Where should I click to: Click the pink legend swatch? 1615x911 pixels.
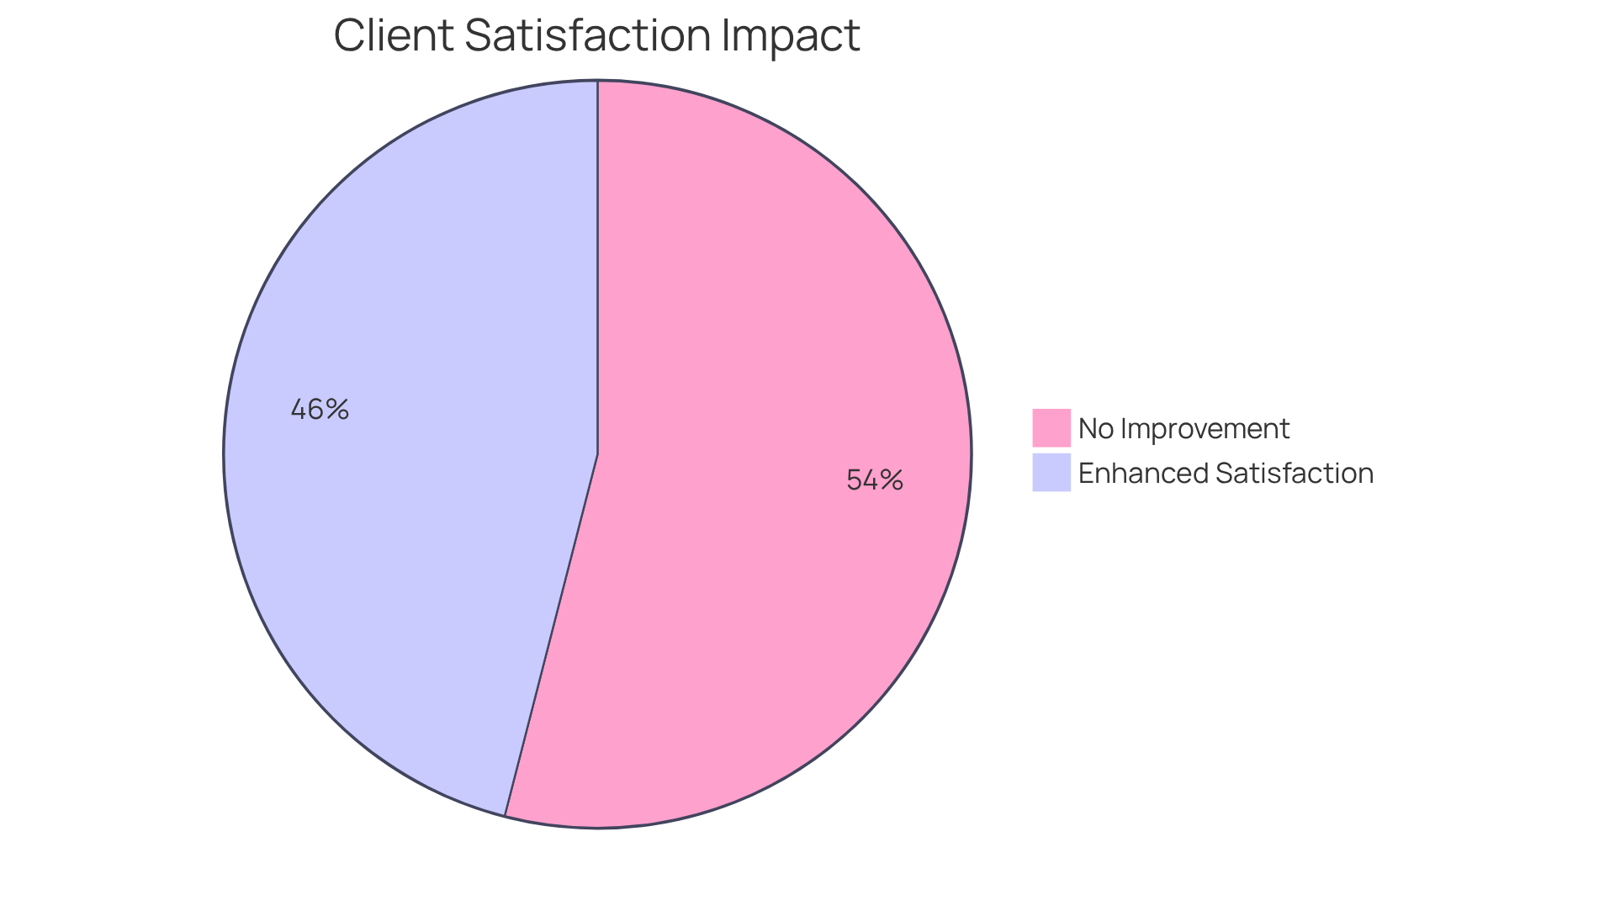[1051, 428]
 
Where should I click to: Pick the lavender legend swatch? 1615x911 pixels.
[1051, 473]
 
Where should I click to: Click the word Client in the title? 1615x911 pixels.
[394, 35]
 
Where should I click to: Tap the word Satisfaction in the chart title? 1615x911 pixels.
[588, 35]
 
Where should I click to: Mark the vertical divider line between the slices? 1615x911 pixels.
[597, 269]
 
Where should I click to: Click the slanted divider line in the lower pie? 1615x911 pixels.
[551, 635]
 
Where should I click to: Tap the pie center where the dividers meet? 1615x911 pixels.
[597, 454]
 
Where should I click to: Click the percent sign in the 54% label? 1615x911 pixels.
[892, 480]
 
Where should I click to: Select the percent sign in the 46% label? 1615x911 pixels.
[337, 410]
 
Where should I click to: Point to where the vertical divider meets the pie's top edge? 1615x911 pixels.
[597, 82]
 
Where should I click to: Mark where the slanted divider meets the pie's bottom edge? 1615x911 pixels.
[505, 815]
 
